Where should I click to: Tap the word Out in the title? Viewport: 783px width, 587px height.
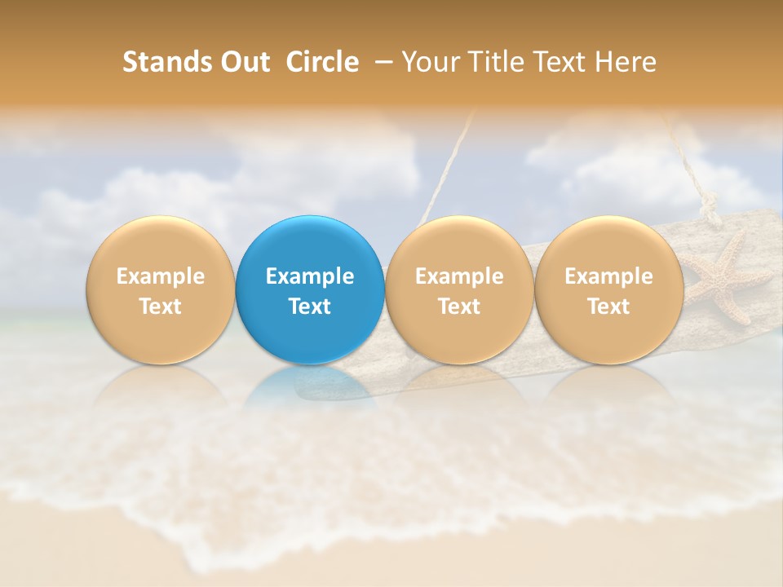click(244, 62)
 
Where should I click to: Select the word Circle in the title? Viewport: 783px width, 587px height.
click(322, 62)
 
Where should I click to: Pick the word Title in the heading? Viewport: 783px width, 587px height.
click(497, 62)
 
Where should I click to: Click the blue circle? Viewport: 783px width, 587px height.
click(310, 290)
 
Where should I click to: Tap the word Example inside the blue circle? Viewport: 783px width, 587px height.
click(310, 276)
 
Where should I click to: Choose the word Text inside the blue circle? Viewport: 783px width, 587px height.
click(310, 307)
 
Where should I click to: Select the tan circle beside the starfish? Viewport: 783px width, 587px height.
click(609, 290)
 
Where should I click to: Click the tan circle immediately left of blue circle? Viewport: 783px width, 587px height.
click(160, 290)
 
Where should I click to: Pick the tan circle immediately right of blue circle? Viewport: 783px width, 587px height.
click(459, 290)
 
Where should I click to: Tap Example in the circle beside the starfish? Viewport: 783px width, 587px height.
click(609, 276)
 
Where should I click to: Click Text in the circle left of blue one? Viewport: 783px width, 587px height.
click(160, 307)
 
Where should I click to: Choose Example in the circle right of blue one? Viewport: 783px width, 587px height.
click(459, 276)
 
